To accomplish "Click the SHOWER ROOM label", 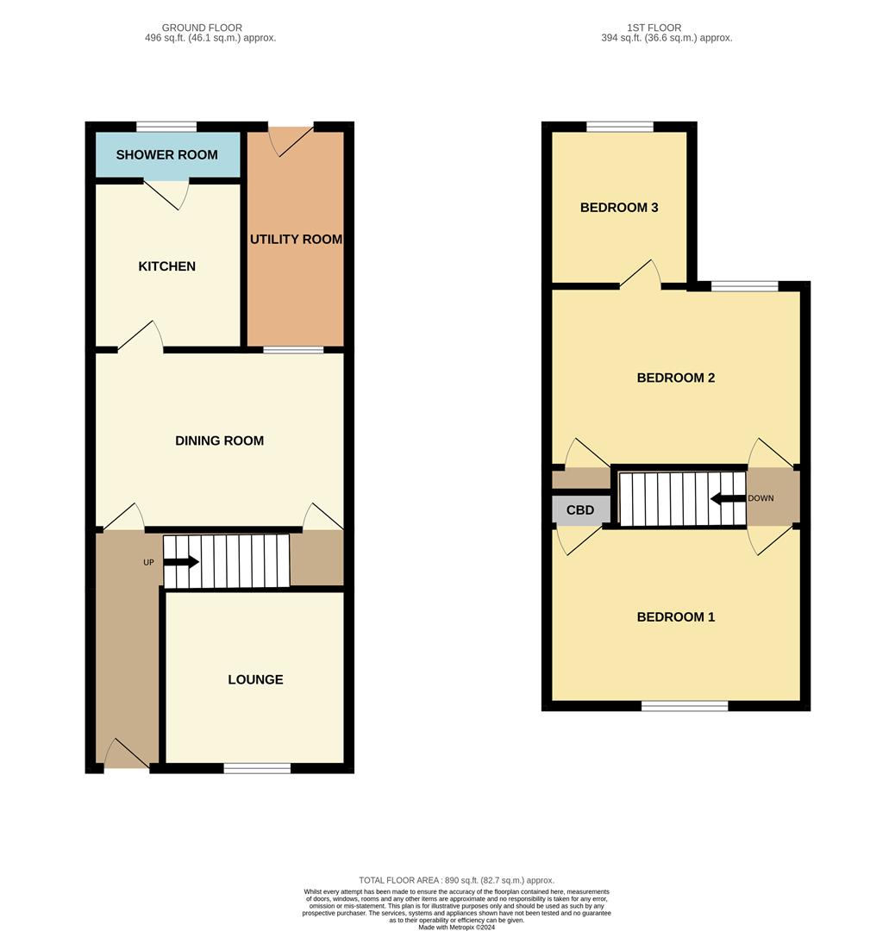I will [166, 155].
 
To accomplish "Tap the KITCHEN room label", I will [167, 266].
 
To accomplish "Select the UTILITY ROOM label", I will [296, 239].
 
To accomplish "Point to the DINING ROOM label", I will [219, 441].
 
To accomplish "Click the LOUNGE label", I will [255, 679].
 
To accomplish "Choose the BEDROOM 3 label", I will [619, 208].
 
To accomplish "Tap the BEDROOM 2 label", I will [675, 378].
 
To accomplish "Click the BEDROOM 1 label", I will [675, 617].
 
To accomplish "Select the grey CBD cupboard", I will [580, 509].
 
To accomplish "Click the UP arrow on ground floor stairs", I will [181, 562].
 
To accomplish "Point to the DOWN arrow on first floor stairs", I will [728, 498].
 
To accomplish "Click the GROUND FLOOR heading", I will [202, 28].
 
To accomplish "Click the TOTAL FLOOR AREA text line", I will [456, 880].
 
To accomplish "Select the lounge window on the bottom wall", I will [257, 768].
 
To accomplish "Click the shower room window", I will [166, 127].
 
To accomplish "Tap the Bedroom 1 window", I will [685, 706].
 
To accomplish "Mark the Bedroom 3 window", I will [619, 127].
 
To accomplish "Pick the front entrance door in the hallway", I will [127, 756].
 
